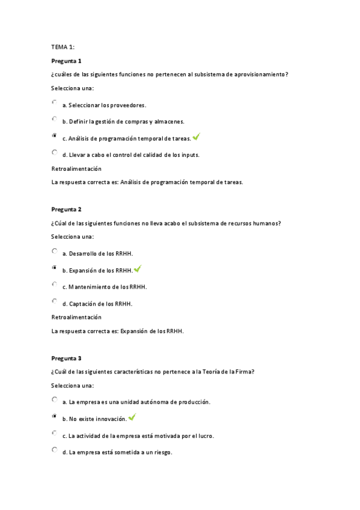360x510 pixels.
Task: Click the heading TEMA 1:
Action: click(63, 46)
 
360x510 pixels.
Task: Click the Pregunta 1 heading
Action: click(66, 61)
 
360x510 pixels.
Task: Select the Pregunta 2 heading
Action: click(66, 209)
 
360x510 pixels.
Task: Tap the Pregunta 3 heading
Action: click(66, 358)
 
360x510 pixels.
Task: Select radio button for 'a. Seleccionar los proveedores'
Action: click(55, 103)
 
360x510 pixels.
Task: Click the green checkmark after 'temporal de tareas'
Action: click(197, 137)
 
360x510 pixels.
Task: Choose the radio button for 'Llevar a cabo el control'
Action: click(55, 153)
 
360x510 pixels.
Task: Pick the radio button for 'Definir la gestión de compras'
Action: click(55, 119)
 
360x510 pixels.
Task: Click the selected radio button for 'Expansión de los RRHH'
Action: click(55, 268)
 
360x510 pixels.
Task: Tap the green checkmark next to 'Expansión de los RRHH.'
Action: click(138, 269)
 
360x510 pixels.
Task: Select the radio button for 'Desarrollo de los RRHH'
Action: click(55, 251)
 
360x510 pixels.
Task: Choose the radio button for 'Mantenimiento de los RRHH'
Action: click(55, 284)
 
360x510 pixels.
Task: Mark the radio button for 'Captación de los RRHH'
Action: click(55, 301)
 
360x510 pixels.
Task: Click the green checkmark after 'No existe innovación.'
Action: click(132, 417)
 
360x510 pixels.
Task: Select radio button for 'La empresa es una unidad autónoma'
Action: click(55, 399)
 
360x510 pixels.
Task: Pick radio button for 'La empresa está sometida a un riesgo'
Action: click(55, 450)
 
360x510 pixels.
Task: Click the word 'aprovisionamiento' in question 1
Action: click(259, 75)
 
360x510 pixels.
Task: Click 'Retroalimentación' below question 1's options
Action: click(76, 169)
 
